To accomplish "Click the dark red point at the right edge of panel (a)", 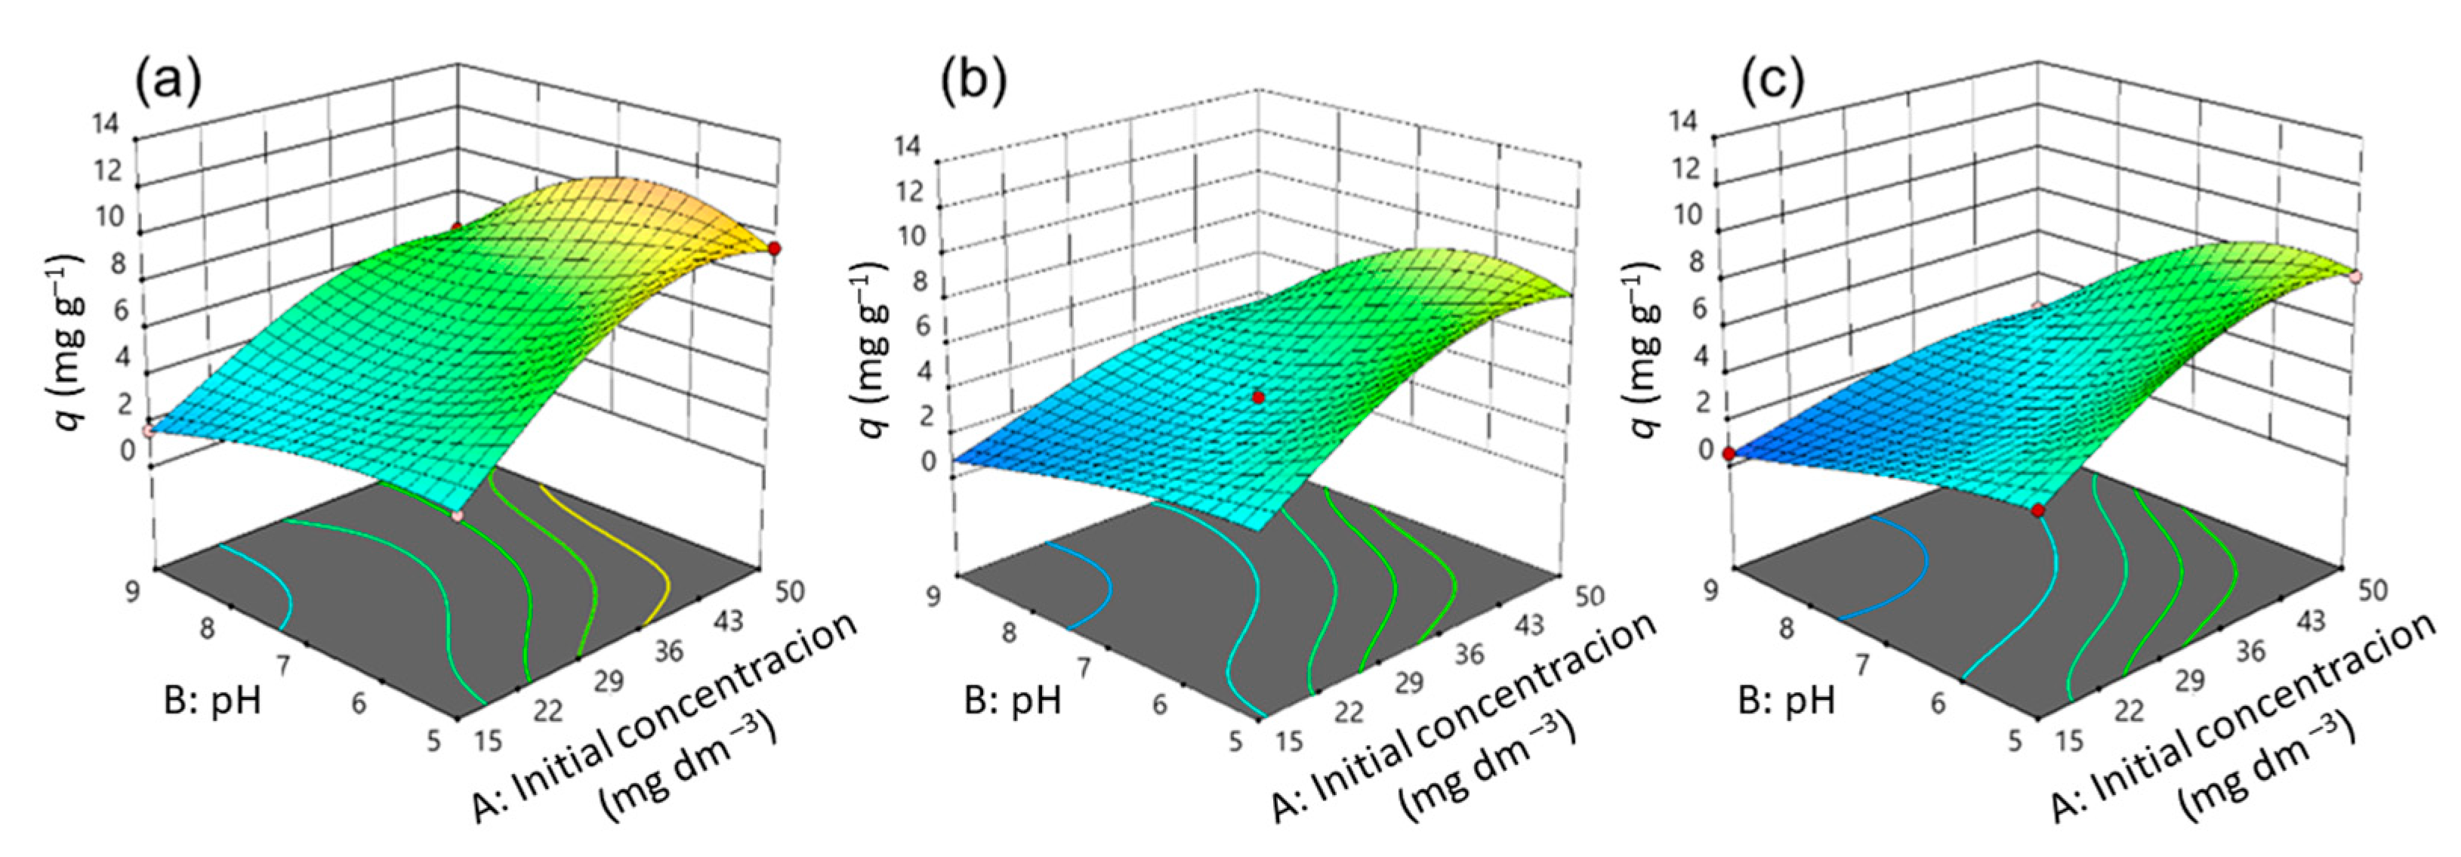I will pos(774,248).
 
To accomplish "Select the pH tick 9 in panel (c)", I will pos(1712,590).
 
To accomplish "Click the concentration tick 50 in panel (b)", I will pos(1589,598).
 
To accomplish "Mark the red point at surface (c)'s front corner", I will pos(2038,511).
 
